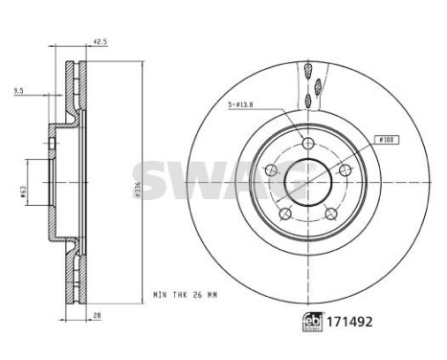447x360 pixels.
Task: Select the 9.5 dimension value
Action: [18, 91]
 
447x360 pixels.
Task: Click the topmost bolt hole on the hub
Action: [307, 143]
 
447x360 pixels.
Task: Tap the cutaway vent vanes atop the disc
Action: [309, 86]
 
